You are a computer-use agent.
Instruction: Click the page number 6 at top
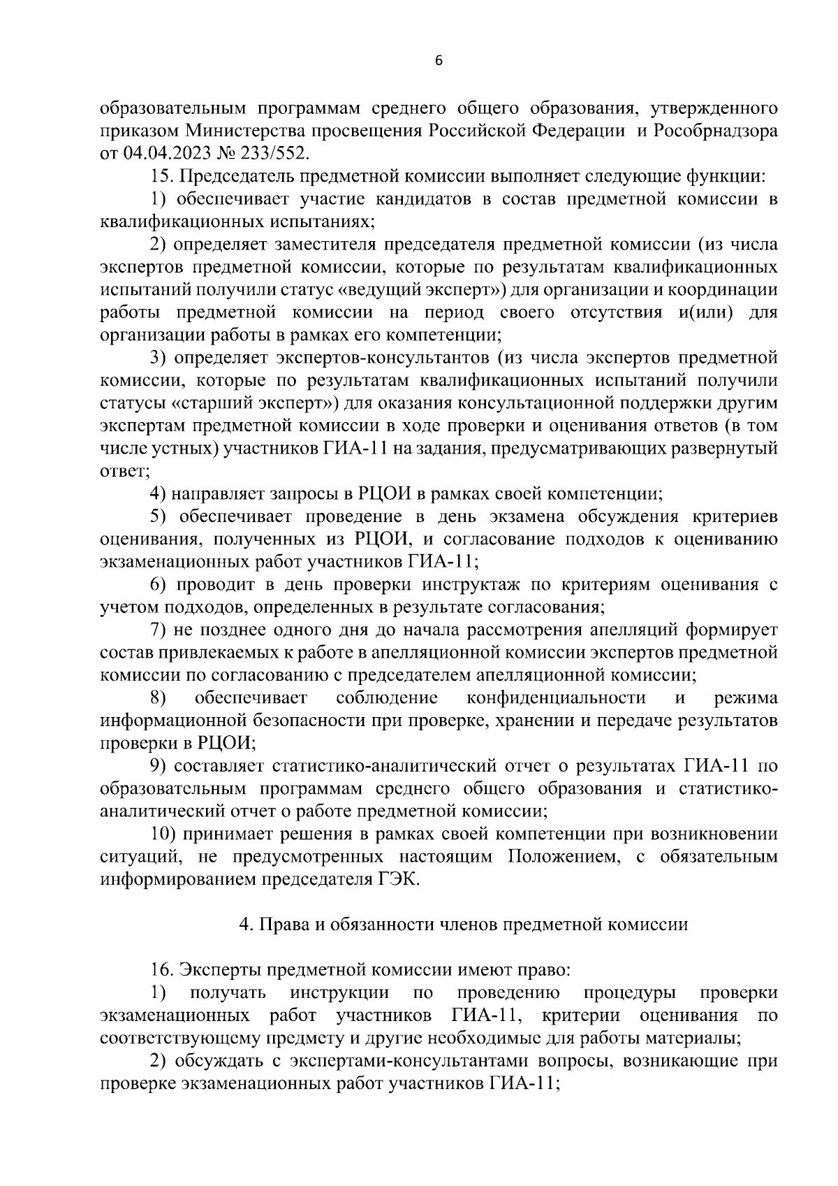point(439,61)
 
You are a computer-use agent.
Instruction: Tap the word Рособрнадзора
point(715,131)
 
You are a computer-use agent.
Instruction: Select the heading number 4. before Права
point(246,925)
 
